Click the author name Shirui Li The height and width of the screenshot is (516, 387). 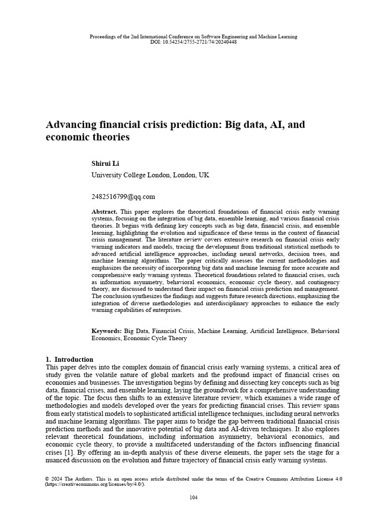(105, 164)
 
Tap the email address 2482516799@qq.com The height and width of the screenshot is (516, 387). (123, 197)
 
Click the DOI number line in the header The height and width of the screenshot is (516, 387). (193, 42)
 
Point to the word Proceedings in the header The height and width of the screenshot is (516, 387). (103, 37)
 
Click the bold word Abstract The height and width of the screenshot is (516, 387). (104, 211)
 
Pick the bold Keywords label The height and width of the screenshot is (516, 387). (106, 331)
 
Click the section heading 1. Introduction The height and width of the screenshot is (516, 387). (69, 359)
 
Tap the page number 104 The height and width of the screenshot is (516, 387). (193, 498)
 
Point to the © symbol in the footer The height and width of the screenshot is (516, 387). (47, 478)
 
